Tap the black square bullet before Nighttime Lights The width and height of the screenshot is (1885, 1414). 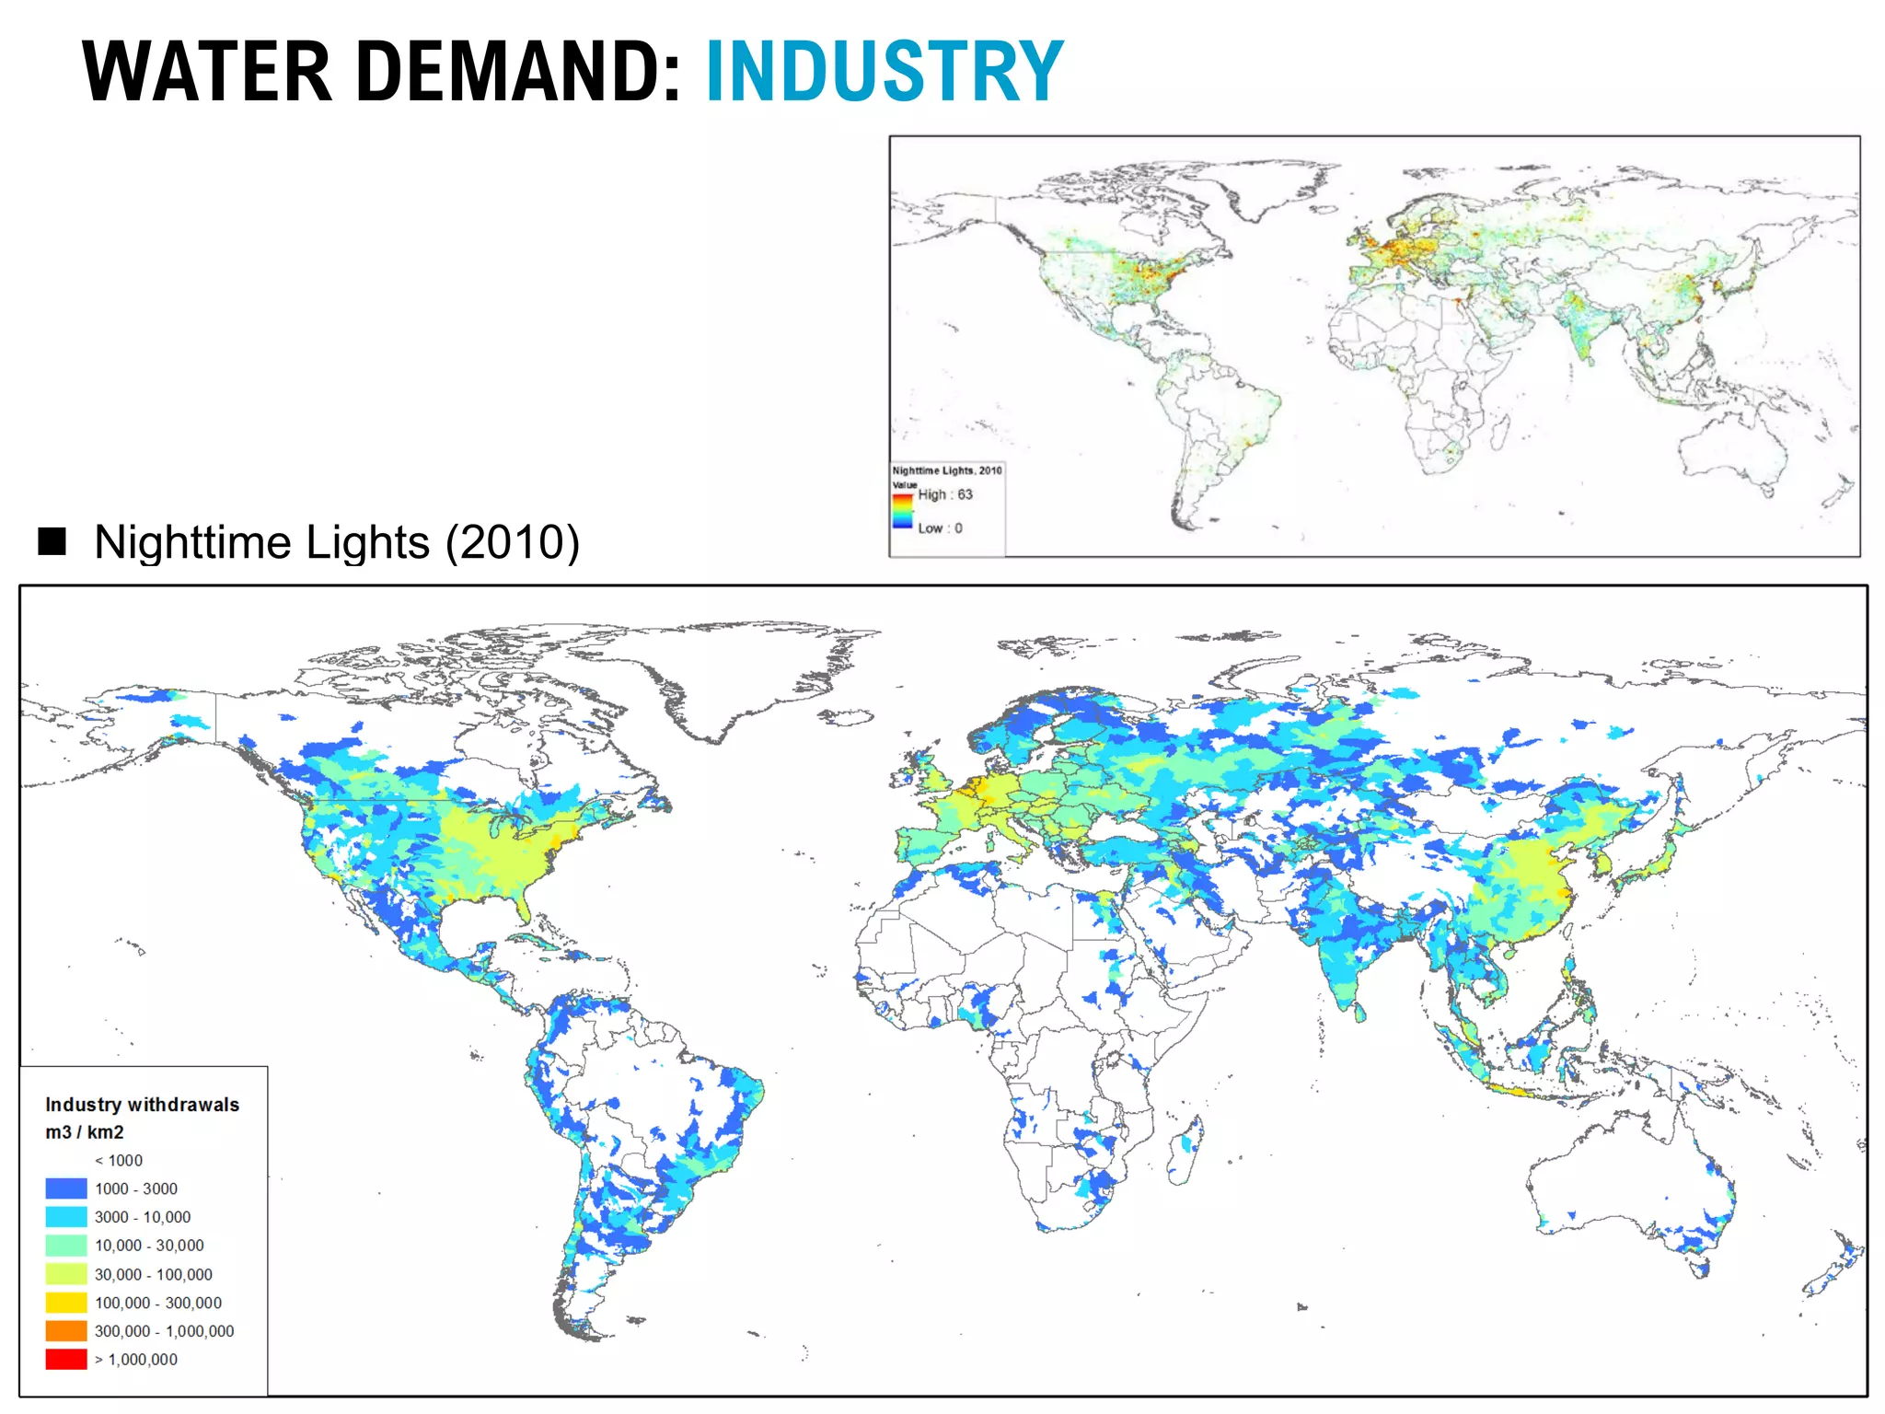point(52,541)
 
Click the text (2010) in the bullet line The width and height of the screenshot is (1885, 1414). point(513,542)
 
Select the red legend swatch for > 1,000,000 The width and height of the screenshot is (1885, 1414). point(66,1359)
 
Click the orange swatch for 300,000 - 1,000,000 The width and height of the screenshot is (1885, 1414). point(66,1331)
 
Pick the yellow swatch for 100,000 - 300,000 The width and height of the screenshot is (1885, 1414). point(66,1303)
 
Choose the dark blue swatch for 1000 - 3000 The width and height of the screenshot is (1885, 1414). point(66,1188)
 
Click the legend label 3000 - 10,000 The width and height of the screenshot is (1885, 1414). point(143,1217)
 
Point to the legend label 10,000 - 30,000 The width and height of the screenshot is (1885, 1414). point(149,1246)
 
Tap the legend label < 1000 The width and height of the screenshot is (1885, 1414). point(119,1161)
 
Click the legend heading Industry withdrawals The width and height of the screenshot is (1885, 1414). point(143,1105)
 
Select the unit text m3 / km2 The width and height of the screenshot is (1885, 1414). point(85,1132)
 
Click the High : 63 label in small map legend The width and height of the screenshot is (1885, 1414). point(945,494)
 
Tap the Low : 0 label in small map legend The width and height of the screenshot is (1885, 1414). point(940,528)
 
